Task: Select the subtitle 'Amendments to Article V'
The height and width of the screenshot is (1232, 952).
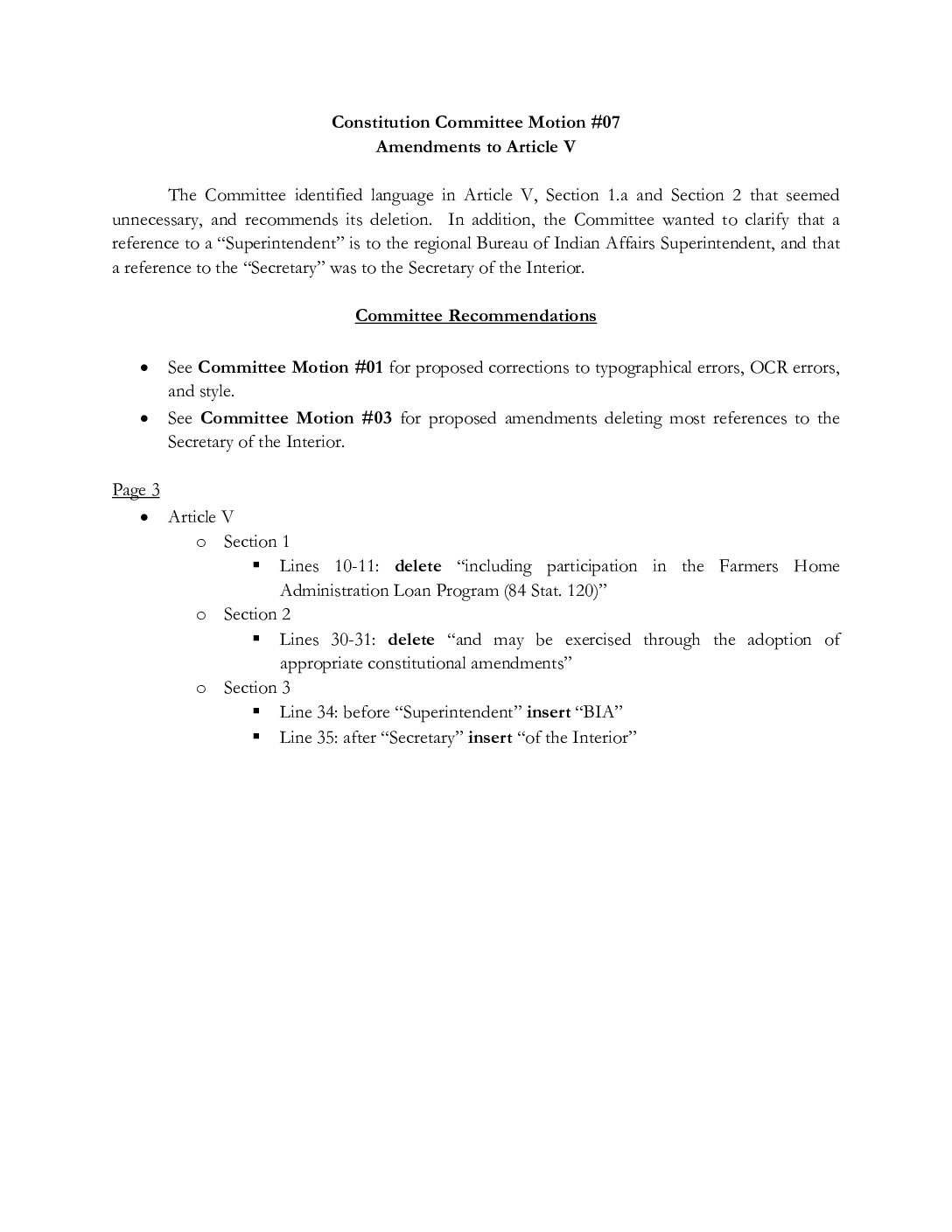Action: pos(475,147)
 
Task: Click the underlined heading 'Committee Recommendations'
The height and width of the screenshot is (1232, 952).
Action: pos(475,316)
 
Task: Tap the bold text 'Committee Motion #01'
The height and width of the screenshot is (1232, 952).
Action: pos(290,367)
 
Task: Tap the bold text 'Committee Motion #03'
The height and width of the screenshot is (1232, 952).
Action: pos(296,418)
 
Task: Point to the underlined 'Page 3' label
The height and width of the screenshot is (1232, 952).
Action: pos(136,490)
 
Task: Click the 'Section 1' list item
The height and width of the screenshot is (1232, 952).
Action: pos(256,542)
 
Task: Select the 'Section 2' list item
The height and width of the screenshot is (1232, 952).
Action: pos(256,614)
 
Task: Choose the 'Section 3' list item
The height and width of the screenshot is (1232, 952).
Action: pos(256,688)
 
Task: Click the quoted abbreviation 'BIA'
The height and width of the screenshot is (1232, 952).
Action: pos(598,712)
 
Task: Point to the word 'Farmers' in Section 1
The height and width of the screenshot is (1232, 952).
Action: pos(749,566)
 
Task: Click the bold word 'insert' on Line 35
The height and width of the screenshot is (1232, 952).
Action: pos(490,738)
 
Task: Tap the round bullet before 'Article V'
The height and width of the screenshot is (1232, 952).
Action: pos(144,517)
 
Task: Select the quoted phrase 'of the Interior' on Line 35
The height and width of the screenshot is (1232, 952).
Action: pos(577,738)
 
